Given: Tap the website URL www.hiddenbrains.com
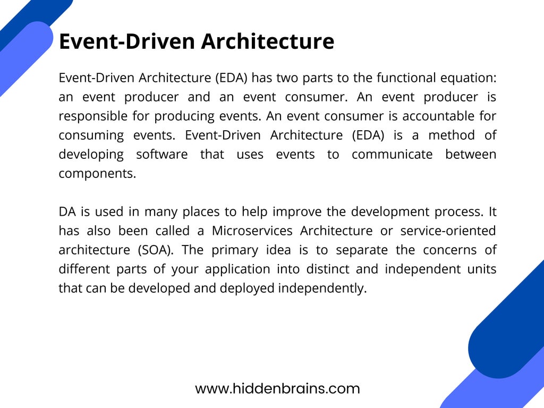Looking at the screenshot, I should (x=277, y=389).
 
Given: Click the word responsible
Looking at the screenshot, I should (x=89, y=116).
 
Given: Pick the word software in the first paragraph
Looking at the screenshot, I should (x=161, y=155).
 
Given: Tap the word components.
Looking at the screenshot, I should (x=97, y=174).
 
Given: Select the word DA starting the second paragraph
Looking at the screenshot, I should (x=67, y=212).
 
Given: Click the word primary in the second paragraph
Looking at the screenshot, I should (x=232, y=250).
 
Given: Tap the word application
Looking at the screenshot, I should (x=237, y=269).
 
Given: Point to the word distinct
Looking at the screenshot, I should (x=328, y=269).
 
